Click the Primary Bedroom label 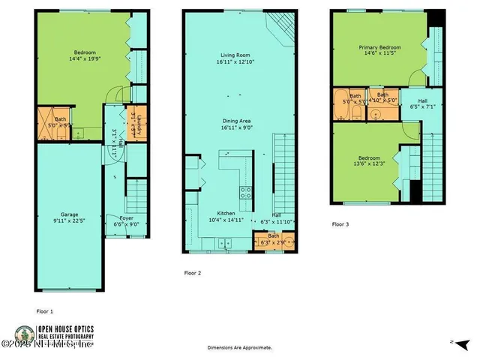click(x=379, y=46)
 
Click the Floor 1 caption click(x=45, y=310)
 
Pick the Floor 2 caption click(x=193, y=273)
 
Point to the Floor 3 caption click(x=340, y=223)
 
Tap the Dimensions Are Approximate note click(x=240, y=348)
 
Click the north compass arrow click(x=449, y=342)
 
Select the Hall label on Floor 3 click(x=413, y=100)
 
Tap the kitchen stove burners click(x=244, y=193)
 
